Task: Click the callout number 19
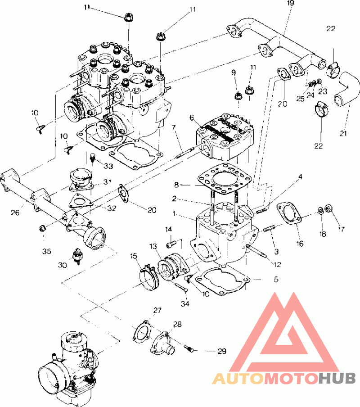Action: pos(291,3)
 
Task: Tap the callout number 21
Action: pos(343,133)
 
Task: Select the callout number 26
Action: pos(15,213)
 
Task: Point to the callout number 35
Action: pos(47,251)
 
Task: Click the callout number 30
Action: pos(62,265)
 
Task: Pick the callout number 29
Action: pos(222,351)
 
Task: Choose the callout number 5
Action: pos(276,279)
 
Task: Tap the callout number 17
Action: pos(342,229)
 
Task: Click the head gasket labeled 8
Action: pos(225,179)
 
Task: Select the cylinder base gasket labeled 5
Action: pos(222,282)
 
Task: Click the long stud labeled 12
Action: pos(256,251)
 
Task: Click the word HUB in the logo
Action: pos(337,378)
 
